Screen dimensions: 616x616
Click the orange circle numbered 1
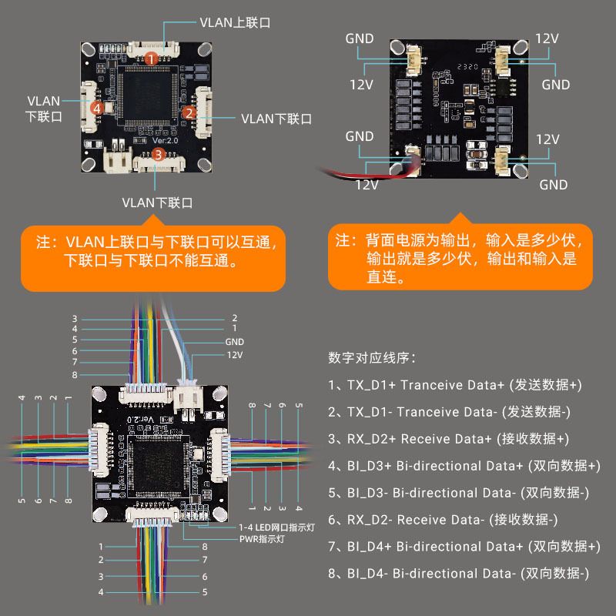coord(152,58)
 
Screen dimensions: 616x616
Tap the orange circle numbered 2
coord(188,112)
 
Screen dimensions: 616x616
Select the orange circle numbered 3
coord(158,154)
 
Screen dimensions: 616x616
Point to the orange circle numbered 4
coord(97,109)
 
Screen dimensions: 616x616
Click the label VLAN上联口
coord(235,22)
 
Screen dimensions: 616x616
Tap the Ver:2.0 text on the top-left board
coord(166,142)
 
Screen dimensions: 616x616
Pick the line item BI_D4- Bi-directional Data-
coord(458,574)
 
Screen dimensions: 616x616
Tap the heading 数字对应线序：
coord(372,358)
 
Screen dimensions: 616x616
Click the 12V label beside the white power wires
coord(234,355)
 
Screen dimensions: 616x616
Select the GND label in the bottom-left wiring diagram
coord(234,342)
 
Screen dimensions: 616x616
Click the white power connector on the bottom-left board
coord(189,398)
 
